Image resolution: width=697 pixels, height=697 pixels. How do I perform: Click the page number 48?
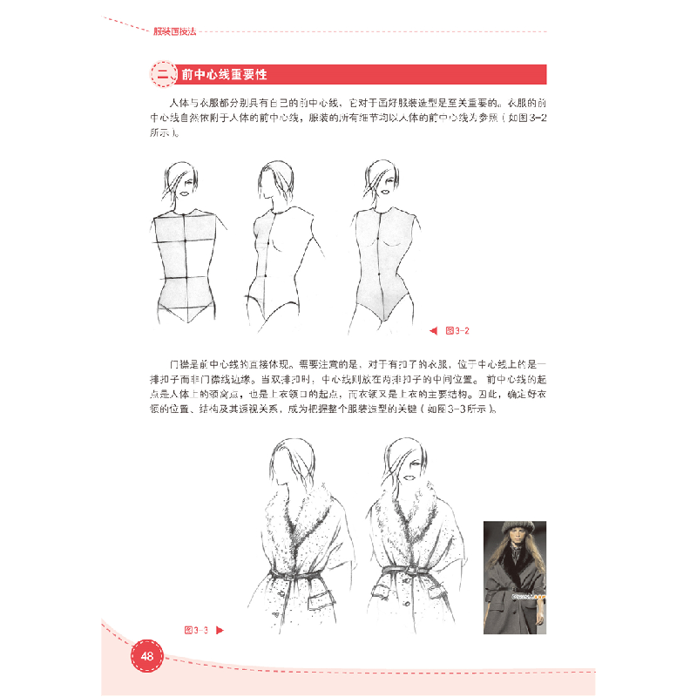pos(146,656)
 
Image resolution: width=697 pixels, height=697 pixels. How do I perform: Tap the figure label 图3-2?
pos(457,330)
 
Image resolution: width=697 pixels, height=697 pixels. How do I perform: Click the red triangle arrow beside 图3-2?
pos(433,330)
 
